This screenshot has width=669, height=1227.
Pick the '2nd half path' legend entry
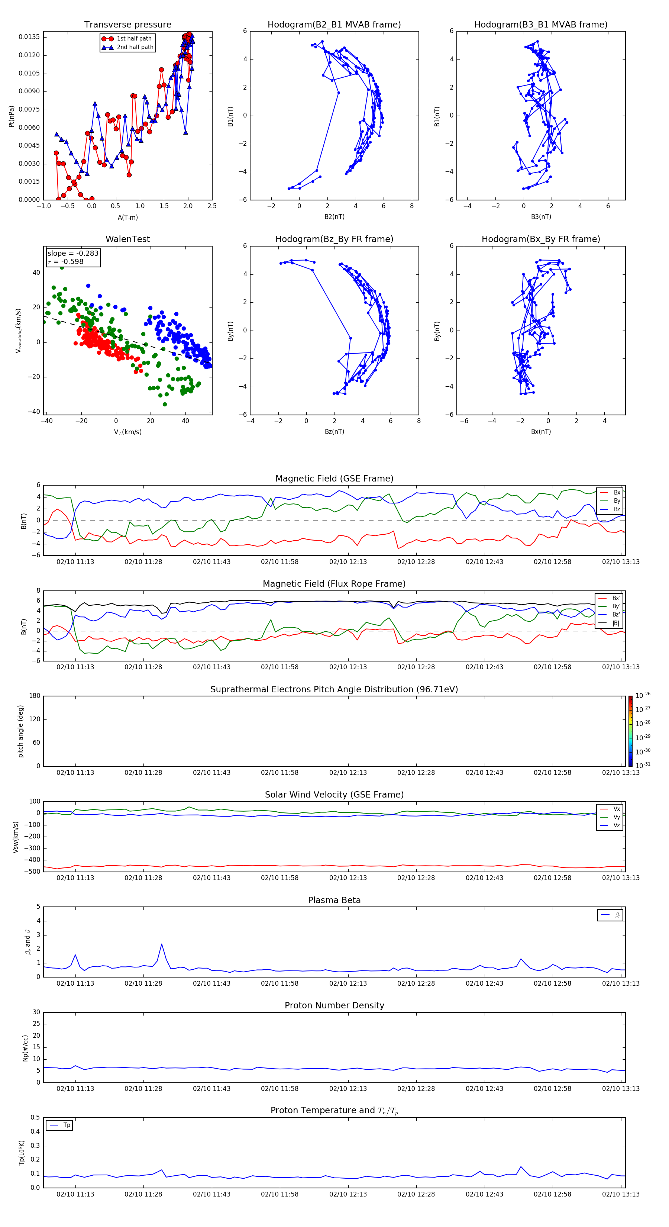point(135,47)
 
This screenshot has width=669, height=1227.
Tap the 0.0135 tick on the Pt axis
point(29,37)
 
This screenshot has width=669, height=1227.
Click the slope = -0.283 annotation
point(73,254)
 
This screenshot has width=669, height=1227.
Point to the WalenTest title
point(127,239)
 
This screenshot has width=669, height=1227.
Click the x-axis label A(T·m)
point(127,217)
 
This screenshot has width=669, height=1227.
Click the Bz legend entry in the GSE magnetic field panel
point(617,509)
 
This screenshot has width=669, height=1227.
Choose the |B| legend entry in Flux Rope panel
point(616,623)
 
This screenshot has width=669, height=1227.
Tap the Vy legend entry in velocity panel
point(617,817)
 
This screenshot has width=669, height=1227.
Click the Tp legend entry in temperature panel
point(66,1125)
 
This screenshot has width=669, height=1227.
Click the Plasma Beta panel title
point(334,900)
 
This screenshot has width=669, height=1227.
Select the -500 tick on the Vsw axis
point(32,872)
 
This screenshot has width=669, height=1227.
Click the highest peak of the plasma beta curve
point(161,944)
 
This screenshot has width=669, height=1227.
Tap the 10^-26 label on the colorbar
point(643,695)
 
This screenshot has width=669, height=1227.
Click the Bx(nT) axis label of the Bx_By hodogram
point(540,432)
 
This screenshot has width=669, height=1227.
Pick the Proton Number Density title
point(334,1005)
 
